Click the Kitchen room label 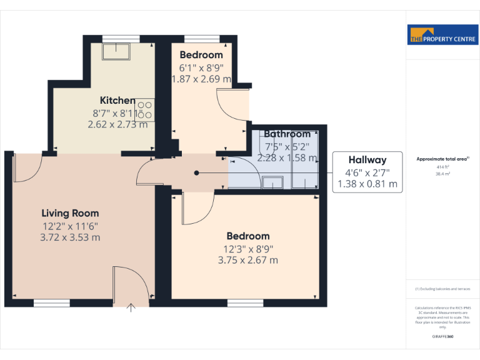click(117, 100)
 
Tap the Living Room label click(70, 213)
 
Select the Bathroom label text click(287, 134)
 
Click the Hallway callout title click(367, 160)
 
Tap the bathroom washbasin click(272, 182)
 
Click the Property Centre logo click(442, 35)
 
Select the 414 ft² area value click(442, 167)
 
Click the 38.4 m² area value click(442, 174)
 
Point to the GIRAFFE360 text click(442, 336)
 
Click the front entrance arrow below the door click(131, 307)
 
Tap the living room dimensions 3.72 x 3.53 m click(70, 237)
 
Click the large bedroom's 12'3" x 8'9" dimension click(248, 248)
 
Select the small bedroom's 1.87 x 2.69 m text click(201, 79)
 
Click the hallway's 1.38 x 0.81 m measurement click(367, 184)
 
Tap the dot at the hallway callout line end click(197, 172)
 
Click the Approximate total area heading click(441, 159)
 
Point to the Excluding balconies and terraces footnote click(442, 289)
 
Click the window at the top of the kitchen click(121, 38)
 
